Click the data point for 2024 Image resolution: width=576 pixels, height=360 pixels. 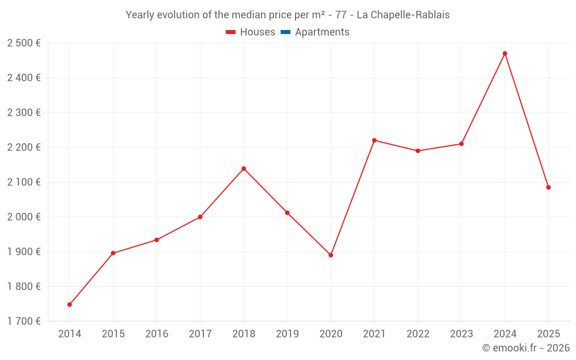tap(505, 54)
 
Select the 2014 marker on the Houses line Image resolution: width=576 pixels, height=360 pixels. tap(70, 305)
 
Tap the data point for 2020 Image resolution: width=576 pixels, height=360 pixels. tap(331, 255)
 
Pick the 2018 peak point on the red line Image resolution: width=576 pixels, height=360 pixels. tap(244, 169)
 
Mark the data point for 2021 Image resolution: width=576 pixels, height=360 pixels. tap(374, 141)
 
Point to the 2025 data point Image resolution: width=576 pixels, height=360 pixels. tap(548, 187)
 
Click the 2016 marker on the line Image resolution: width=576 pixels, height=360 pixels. tap(157, 240)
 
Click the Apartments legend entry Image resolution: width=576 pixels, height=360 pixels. tap(322, 32)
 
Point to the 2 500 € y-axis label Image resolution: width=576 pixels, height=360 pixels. tap(24, 43)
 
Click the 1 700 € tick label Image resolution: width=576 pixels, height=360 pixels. tap(24, 321)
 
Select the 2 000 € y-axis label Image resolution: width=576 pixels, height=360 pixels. tap(24, 217)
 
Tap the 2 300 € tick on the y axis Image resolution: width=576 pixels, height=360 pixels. tap(24, 113)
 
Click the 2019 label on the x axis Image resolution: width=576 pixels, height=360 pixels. tap(287, 334)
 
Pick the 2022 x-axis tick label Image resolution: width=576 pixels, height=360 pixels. tap(418, 334)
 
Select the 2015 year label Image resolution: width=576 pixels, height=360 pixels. tap(113, 334)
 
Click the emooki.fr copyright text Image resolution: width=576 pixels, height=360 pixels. tap(525, 348)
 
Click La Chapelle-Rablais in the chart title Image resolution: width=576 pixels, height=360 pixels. tap(403, 15)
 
